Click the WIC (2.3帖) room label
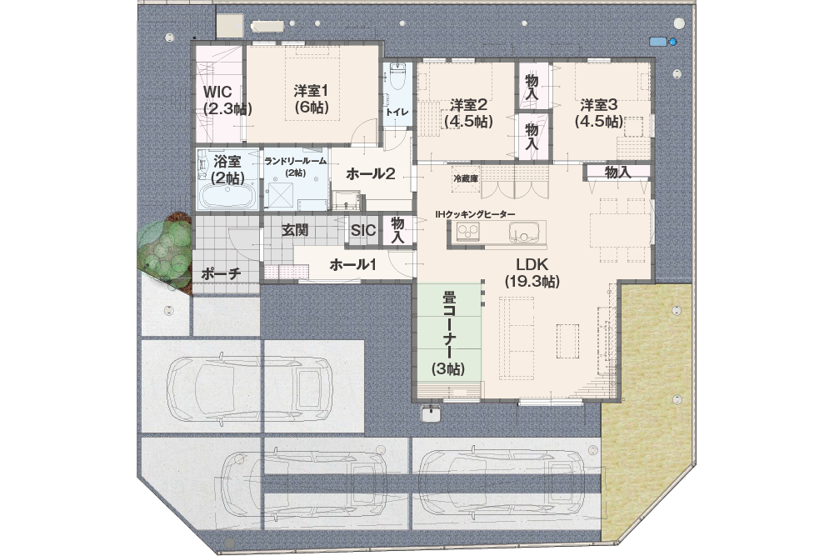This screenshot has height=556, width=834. point(227,99)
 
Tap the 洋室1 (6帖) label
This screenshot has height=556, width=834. point(311,98)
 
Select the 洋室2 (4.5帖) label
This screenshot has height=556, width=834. point(468,113)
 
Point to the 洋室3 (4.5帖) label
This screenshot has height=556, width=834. point(598,113)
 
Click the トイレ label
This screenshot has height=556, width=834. point(397,113)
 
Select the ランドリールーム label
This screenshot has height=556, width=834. point(296,161)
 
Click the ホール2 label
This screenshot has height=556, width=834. point(371,173)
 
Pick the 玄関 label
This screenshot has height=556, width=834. point(295,230)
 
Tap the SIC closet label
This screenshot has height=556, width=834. point(362,230)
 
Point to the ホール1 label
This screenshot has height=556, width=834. point(353,264)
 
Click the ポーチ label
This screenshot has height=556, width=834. point(222,273)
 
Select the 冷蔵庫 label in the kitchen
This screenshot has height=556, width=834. point(466,178)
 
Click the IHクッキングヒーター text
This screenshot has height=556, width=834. point(475,214)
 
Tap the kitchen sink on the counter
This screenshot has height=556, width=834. point(525,233)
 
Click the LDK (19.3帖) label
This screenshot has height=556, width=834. point(532,273)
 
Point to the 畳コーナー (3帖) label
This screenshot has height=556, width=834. point(448,333)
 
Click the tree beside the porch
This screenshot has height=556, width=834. point(165,250)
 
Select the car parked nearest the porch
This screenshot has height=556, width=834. point(249,389)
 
